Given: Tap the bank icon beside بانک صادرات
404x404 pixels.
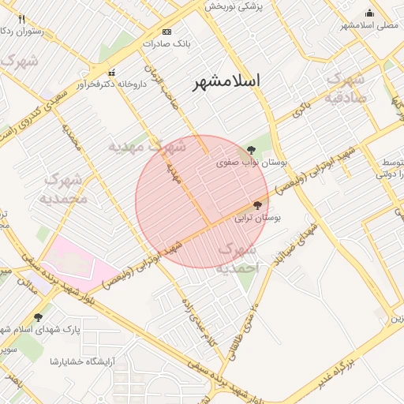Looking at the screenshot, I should click(x=166, y=31).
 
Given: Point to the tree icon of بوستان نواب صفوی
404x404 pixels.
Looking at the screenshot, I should click(x=251, y=149).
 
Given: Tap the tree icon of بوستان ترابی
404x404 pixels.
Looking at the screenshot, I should click(x=257, y=205).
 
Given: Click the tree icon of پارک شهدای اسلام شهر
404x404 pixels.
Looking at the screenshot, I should click(x=38, y=317).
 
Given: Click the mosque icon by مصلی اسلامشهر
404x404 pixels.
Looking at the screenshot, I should click(x=369, y=13).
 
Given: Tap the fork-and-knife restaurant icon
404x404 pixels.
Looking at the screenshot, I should click(x=21, y=19).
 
